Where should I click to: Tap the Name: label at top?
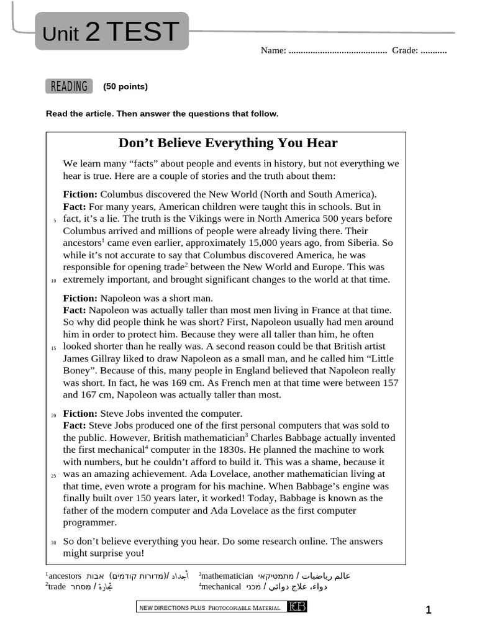tap(273, 50)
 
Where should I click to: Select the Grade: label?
tap(405, 50)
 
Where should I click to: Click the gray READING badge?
tap(69, 86)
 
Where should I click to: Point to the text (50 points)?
tap(125, 86)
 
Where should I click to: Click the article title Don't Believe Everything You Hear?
tap(228, 143)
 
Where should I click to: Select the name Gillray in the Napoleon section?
tap(108, 358)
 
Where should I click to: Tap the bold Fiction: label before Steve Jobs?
tap(80, 414)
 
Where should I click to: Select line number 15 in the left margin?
tap(53, 348)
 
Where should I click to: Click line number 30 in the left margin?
tap(53, 543)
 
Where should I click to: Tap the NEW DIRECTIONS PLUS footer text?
tap(164, 607)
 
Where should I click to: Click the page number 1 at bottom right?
tap(428, 610)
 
